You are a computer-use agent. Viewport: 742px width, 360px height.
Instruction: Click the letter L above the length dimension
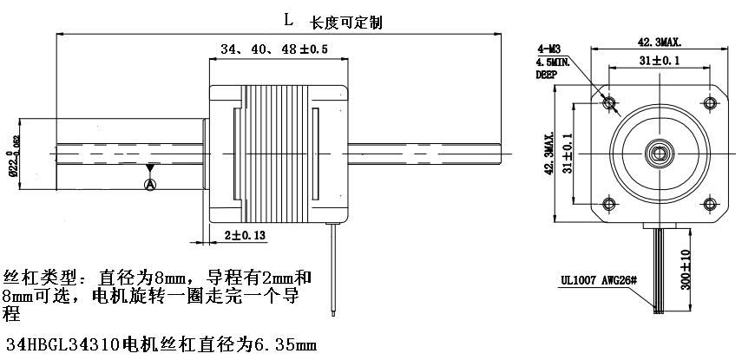tap(288, 17)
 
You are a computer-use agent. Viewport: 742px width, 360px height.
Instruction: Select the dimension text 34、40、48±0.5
tap(273, 49)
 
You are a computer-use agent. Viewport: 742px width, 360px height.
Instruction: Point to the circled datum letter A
tap(150, 184)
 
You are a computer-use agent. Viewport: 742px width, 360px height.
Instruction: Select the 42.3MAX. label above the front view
tap(660, 42)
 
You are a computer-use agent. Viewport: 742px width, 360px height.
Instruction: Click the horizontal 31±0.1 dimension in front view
tap(660, 61)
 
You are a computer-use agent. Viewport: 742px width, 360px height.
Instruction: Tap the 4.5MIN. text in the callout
tap(553, 62)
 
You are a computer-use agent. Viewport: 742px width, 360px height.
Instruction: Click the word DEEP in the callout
tap(547, 75)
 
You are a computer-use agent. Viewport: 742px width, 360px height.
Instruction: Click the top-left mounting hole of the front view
tap(609, 103)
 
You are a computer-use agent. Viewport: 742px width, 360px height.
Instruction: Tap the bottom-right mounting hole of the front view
tap(710, 205)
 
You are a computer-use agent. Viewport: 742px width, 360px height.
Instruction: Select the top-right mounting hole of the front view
tap(710, 103)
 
